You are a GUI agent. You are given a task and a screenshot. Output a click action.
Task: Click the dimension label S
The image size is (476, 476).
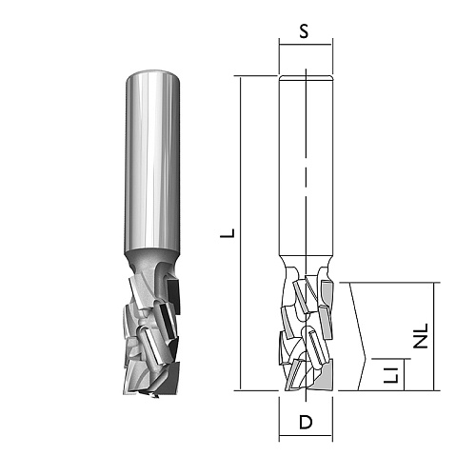pos(304,31)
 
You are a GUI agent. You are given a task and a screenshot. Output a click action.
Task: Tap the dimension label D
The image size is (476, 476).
pos(306,423)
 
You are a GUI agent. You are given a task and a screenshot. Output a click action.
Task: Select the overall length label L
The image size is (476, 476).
pos(228,233)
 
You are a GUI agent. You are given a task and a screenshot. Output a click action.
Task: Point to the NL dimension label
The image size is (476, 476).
pos(422,336)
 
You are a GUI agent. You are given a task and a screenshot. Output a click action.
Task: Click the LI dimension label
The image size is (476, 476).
pos(390,374)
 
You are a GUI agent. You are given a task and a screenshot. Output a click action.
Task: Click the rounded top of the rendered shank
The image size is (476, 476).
pos(153,73)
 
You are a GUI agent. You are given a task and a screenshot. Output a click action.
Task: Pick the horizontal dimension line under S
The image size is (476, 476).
pos(306,45)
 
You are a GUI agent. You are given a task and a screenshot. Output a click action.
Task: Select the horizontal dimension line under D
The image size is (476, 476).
pos(306,436)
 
